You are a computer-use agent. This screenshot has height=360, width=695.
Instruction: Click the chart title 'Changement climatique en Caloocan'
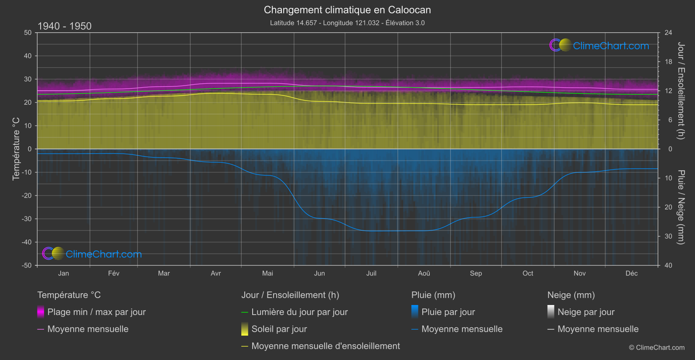(347, 10)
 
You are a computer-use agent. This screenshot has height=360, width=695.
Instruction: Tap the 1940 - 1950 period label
(65, 26)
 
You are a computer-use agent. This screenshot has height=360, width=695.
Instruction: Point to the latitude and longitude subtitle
(347, 23)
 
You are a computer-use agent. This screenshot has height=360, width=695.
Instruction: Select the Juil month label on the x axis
(371, 273)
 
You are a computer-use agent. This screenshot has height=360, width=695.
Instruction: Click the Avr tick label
(216, 273)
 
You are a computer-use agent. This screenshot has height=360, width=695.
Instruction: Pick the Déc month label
(631, 273)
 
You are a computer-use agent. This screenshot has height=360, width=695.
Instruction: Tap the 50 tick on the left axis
(28, 33)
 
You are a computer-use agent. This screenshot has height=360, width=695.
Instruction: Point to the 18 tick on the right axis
(668, 62)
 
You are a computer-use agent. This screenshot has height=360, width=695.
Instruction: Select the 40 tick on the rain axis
(668, 265)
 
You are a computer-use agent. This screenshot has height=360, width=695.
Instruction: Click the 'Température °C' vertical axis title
(16, 149)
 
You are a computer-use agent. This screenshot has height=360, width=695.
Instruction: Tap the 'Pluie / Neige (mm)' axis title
(680, 207)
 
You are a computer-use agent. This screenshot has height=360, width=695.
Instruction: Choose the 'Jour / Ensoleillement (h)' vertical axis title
(680, 91)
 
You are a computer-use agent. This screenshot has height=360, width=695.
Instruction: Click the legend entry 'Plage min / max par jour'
(96, 312)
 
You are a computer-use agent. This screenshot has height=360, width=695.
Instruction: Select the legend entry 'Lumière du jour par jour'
(299, 312)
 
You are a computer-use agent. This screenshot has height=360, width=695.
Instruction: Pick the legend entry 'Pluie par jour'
(448, 312)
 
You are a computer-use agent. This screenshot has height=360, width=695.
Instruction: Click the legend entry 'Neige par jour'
(586, 312)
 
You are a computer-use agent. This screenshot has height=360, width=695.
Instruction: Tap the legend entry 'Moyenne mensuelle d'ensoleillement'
(325, 346)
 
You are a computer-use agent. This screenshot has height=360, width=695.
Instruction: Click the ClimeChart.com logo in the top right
(599, 45)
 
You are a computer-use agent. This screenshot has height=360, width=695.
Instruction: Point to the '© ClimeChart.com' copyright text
(657, 347)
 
